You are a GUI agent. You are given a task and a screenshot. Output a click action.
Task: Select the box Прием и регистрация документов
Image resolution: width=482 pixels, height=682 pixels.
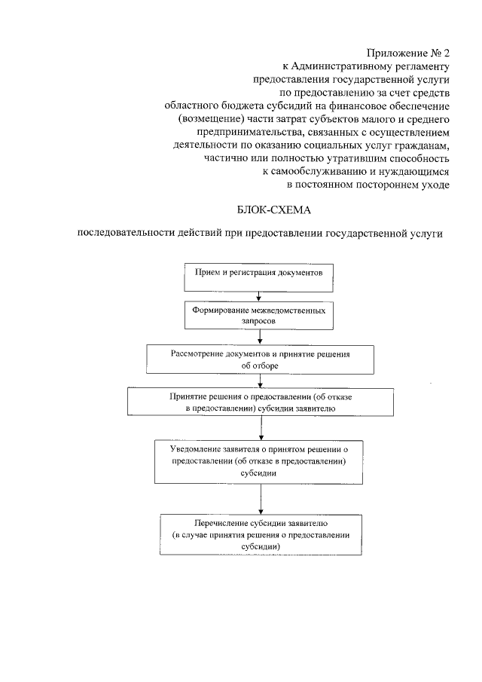coord(260,277)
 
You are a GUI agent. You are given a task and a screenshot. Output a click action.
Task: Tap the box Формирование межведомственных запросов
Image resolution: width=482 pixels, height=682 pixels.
coord(260,315)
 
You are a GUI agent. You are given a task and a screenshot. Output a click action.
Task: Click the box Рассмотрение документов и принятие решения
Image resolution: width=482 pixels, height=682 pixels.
coord(260,359)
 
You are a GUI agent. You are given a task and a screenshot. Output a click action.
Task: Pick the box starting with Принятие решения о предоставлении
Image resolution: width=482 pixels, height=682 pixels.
coord(260,401)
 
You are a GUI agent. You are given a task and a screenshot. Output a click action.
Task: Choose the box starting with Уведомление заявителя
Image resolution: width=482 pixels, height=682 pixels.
coord(260,461)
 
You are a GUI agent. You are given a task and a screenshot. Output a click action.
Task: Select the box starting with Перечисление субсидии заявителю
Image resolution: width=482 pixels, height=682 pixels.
coord(260,534)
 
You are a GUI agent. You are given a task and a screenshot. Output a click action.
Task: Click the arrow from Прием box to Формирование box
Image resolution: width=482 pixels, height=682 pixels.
coord(260,296)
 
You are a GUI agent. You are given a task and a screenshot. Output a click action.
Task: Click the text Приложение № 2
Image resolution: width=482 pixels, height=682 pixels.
coord(408,52)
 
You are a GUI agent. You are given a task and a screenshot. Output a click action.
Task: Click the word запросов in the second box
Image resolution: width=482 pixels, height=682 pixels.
coord(259,320)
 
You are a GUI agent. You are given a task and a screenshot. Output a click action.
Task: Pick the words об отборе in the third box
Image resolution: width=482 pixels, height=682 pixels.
coord(260,365)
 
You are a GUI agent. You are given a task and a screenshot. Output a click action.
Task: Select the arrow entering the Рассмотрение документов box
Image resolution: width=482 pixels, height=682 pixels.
coord(260,338)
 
